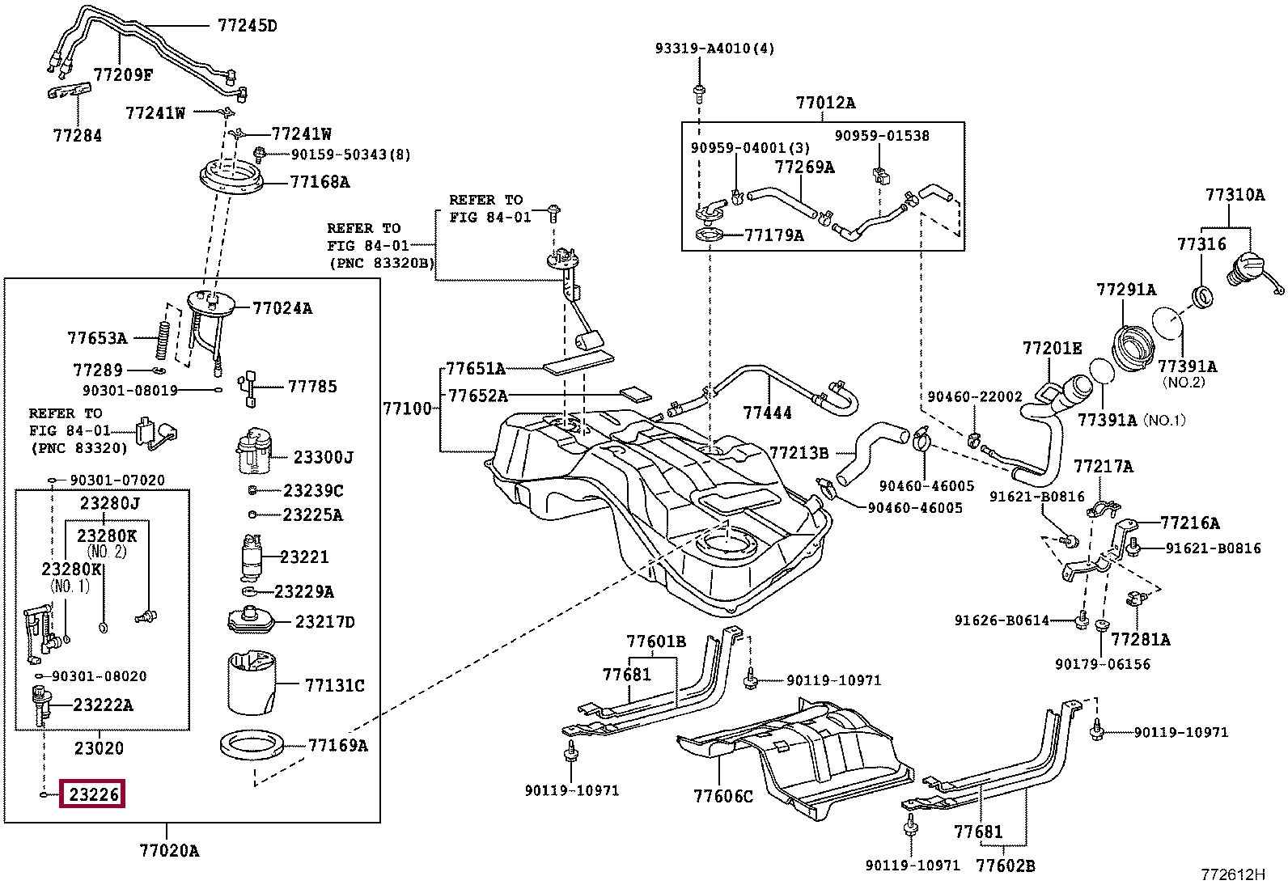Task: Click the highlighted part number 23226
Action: pos(94,794)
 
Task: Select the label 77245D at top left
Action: pos(247,26)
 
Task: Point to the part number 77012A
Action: pos(825,103)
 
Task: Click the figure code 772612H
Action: pos(1232,874)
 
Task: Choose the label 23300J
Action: pos(323,458)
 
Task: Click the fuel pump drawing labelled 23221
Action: pos(252,557)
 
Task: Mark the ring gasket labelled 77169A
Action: pos(252,745)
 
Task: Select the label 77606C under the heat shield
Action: pos(722,797)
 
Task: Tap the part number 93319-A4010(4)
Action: pos(714,49)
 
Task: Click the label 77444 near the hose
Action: pos(767,413)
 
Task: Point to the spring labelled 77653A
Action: pos(163,341)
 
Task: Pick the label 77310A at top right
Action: pos(1235,195)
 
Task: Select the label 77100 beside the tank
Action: pos(407,409)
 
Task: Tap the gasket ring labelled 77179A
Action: pos(710,236)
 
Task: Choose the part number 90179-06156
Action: pos(1102,664)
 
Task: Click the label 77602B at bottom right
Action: pos(1005,866)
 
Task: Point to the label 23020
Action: pos(99,748)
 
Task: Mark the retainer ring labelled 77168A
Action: pos(231,176)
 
